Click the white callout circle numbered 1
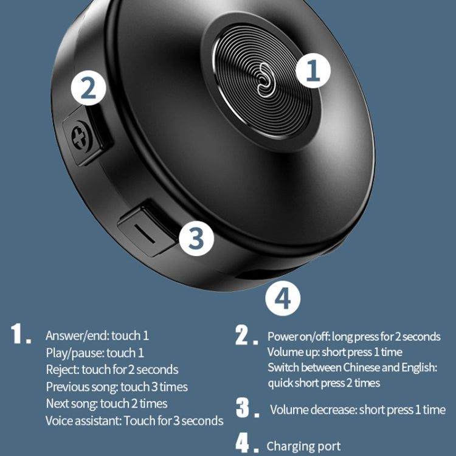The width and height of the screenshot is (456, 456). [314, 72]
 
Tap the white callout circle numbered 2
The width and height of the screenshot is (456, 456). [89, 89]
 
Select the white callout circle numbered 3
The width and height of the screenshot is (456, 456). [195, 239]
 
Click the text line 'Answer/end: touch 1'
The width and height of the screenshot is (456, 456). [97, 336]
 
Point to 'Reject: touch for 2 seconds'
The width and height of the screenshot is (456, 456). [112, 370]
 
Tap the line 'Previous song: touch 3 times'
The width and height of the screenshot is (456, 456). [117, 387]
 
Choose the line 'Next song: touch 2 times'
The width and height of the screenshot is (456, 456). [106, 403]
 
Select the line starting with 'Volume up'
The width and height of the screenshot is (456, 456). [334, 352]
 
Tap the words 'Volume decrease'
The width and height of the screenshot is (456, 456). [313, 410]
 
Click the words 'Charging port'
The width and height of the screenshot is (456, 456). [303, 446]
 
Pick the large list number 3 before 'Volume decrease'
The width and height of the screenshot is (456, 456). [243, 408]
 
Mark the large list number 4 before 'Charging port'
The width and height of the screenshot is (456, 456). [243, 444]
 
